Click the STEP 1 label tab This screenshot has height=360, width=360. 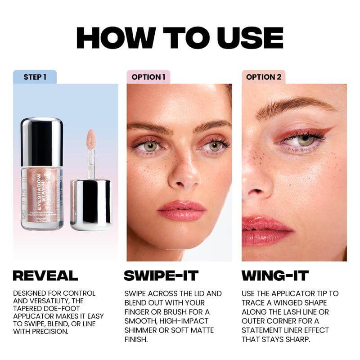35,77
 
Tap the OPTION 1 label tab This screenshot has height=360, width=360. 148,77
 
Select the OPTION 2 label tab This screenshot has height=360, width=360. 263,77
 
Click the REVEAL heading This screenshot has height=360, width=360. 45,275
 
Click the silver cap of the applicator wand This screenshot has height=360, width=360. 90,205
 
